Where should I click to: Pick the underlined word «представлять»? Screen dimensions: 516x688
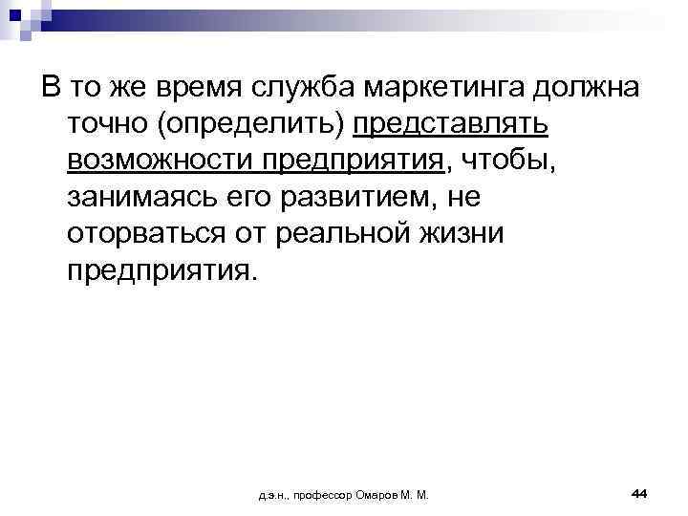pyautogui.click(x=451, y=125)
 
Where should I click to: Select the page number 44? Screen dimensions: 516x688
pyautogui.click(x=640, y=492)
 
